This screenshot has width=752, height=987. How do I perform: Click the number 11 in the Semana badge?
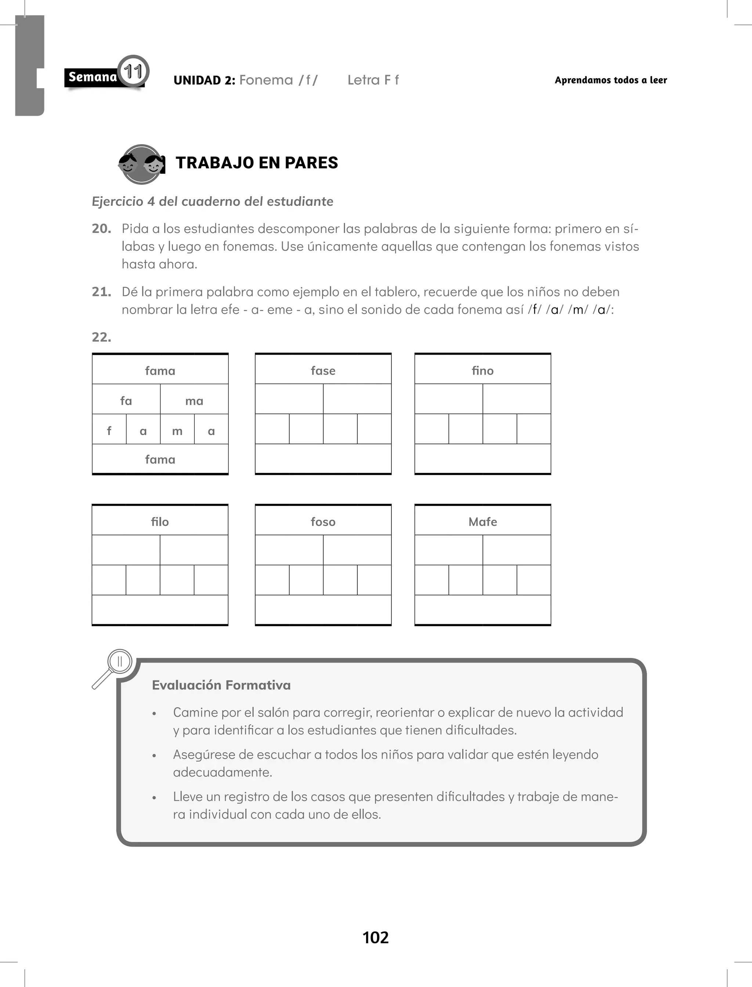point(133,72)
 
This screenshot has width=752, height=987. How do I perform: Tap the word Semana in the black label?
point(93,77)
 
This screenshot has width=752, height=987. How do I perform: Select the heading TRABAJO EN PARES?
point(257,162)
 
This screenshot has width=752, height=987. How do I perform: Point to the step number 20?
point(101,229)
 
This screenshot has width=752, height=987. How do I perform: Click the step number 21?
point(101,292)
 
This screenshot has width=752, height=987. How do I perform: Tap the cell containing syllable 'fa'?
point(126,401)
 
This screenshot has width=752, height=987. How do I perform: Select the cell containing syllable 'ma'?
point(194,401)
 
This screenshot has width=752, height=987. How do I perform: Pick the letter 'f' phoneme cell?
point(109,431)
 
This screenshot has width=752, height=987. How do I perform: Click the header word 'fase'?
point(323,371)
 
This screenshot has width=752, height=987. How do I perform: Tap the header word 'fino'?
point(482,371)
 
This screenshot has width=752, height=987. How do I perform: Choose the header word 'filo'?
point(160,522)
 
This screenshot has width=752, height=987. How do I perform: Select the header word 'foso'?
point(323,522)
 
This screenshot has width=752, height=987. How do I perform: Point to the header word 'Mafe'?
point(482,522)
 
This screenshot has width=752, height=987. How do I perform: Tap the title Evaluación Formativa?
point(221,685)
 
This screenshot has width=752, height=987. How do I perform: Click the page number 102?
point(376,937)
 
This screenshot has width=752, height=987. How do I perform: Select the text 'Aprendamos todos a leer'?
point(611,80)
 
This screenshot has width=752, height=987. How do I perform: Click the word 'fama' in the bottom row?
point(160,459)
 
